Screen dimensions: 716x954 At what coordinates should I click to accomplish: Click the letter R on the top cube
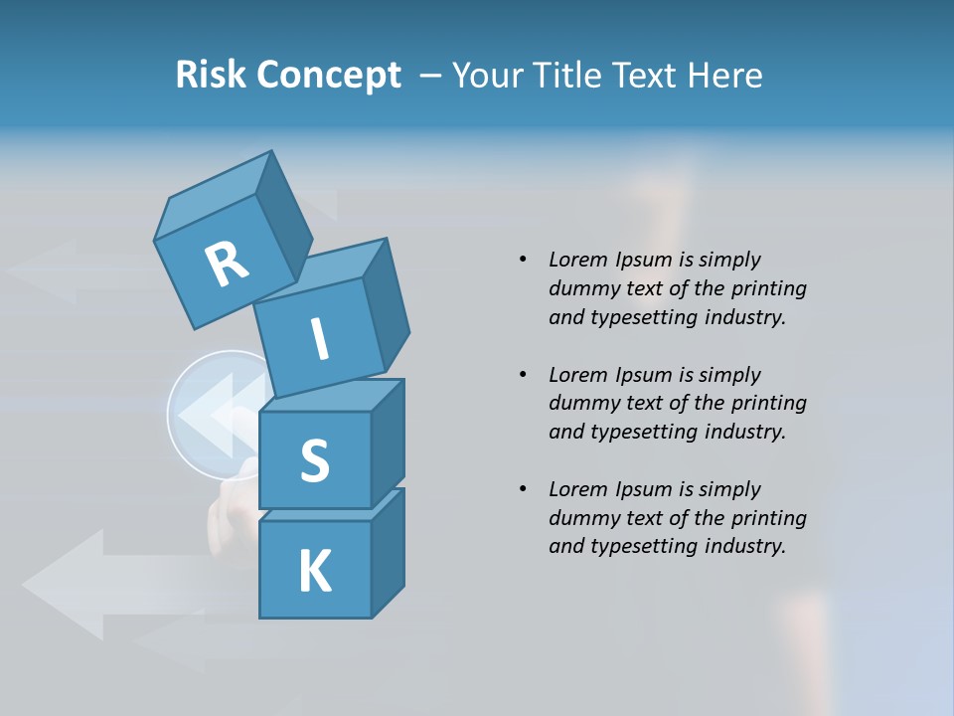pos(228,264)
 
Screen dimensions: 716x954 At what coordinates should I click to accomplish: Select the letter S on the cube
pos(314,460)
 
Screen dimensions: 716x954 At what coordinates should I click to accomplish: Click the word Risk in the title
pos(213,75)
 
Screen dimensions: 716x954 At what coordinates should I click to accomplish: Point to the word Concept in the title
pos(331,76)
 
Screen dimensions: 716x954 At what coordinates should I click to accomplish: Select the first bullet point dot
pos(522,260)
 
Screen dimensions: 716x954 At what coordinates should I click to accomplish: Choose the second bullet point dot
pos(522,375)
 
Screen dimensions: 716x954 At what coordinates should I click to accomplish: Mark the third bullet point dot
pos(522,489)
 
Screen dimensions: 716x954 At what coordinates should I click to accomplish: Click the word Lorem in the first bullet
pos(576,260)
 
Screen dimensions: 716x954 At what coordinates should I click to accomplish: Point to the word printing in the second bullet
pos(768,403)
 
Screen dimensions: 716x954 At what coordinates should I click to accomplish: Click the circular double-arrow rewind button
pos(214,416)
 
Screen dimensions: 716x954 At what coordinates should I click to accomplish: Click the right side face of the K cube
pos(388,552)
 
